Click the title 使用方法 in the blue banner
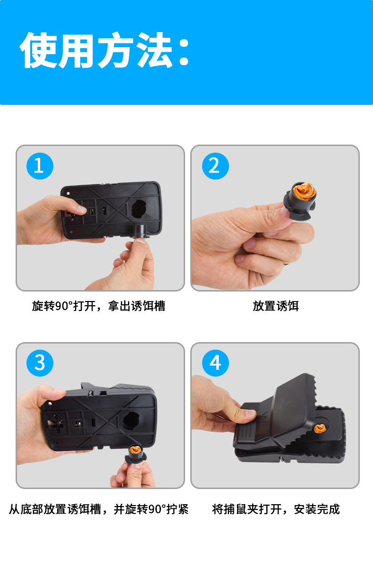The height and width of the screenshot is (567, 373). pyautogui.click(x=96, y=50)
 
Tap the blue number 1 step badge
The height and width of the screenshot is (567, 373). pyautogui.click(x=40, y=166)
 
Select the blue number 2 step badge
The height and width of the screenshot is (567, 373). pyautogui.click(x=215, y=166)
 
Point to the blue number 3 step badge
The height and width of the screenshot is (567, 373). pyautogui.click(x=40, y=363)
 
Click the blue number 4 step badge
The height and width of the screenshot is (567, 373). pyautogui.click(x=215, y=363)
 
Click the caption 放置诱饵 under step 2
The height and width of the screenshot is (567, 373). pyautogui.click(x=276, y=306)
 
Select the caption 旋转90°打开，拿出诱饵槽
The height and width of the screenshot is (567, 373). pyautogui.click(x=99, y=306)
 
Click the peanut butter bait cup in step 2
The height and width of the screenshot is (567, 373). pyautogui.click(x=301, y=201)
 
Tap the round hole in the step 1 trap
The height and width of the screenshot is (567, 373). pyautogui.click(x=139, y=209)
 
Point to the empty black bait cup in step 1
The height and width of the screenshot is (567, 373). pyautogui.click(x=141, y=231)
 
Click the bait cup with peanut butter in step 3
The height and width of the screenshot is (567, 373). pyautogui.click(x=136, y=455)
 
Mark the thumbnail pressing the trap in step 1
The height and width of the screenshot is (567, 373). pyautogui.click(x=82, y=209)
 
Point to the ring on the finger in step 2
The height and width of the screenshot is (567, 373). pyautogui.click(x=286, y=264)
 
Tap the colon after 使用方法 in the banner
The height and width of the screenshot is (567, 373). pyautogui.click(x=184, y=52)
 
